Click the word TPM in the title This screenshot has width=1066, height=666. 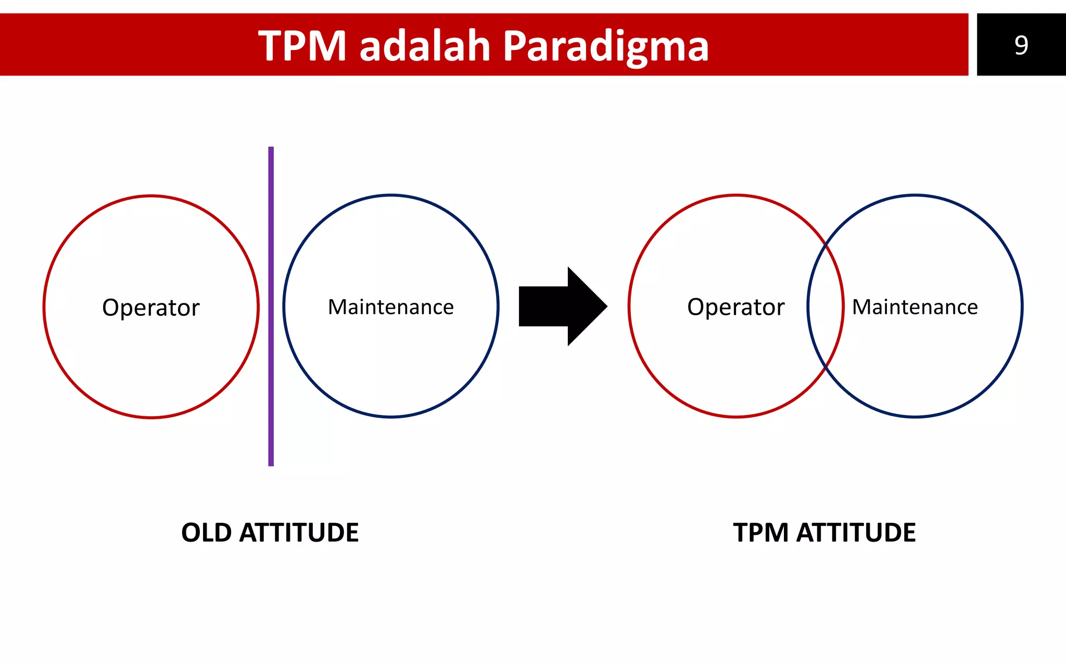302,46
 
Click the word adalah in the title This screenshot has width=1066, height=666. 425,46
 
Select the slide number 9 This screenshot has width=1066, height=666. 1021,45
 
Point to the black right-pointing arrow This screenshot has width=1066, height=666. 557,306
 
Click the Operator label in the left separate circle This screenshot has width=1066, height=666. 150,308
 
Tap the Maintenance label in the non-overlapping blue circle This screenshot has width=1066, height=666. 390,307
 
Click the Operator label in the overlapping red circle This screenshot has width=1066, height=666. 735,307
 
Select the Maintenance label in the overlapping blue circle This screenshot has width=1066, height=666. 915,307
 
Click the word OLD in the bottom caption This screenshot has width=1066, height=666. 206,533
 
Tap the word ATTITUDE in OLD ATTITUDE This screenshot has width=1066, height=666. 299,533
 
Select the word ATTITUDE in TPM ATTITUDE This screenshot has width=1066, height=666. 856,533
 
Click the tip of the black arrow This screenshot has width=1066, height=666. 606,306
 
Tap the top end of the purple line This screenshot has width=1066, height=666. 271,149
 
